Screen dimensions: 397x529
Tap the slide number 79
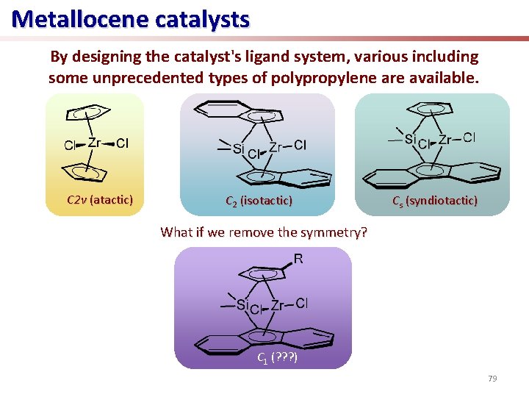coord(492,379)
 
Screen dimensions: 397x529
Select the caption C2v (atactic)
coord(99,200)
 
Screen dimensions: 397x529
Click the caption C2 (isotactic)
coord(258,200)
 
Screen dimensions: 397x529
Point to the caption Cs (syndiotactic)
coord(434,201)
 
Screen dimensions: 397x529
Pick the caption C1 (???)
coord(276,358)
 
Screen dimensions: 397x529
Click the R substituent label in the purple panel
coord(298,259)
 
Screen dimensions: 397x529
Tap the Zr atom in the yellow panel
coord(94,143)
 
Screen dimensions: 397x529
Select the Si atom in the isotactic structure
coord(237,149)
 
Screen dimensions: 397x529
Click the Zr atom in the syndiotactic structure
coord(445,139)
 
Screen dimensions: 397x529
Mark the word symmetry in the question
coord(331,232)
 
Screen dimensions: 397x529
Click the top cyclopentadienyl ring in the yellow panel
coord(90,114)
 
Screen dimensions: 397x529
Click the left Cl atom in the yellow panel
coord(70,145)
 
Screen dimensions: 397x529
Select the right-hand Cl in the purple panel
coord(302,304)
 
